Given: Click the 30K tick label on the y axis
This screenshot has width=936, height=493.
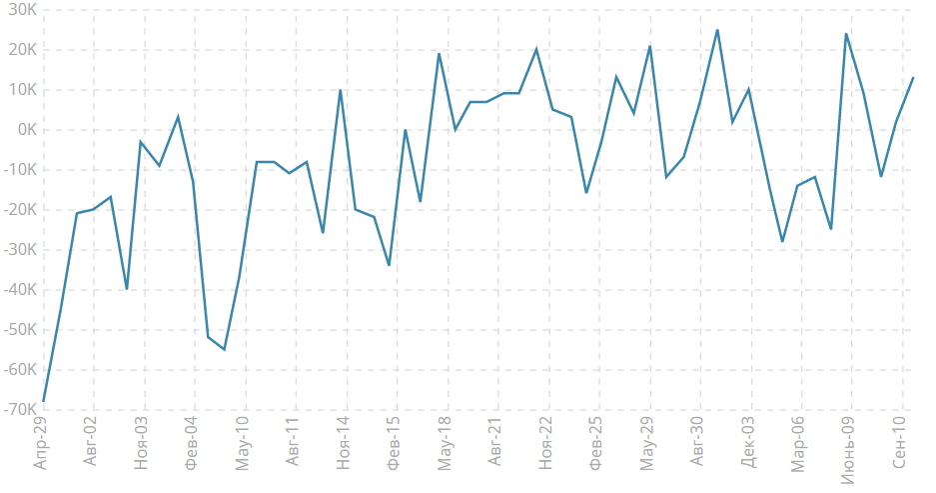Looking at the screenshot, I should [20, 10].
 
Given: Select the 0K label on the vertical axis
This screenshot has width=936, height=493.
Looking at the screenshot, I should [24, 130].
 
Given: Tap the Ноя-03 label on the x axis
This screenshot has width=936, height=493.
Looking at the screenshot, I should [143, 442].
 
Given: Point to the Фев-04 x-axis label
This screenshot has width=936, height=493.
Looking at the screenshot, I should [193, 442].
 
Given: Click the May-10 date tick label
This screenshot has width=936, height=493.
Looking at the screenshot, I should [244, 443].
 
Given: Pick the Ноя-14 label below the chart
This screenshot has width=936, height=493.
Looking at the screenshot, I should [345, 442].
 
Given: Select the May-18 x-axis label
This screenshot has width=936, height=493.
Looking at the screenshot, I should [446, 443].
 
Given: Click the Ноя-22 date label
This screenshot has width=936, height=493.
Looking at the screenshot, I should [546, 442].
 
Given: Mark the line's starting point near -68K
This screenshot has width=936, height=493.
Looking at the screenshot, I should [43, 401].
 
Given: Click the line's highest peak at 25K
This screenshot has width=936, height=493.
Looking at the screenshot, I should [717, 30].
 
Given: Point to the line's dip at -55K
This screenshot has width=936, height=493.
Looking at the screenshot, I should [224, 349].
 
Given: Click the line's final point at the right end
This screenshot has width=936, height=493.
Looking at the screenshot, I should [913, 78].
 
